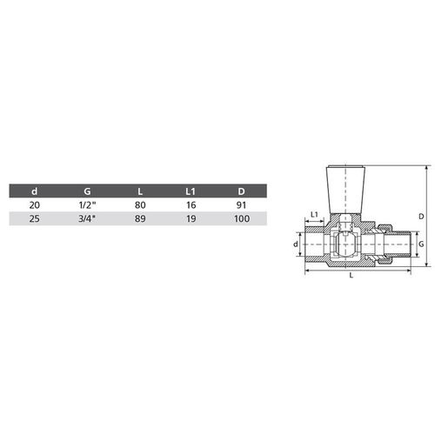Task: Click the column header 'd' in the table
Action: click(34, 191)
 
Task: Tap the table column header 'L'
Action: click(140, 191)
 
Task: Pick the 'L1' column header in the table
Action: click(192, 191)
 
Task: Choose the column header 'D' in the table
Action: click(243, 191)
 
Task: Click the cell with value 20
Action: click(34, 205)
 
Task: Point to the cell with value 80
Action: click(140, 205)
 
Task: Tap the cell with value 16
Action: click(192, 205)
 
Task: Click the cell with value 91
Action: click(243, 205)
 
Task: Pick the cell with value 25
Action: click(34, 219)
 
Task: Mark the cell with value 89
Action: click(140, 219)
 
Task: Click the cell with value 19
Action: click(192, 219)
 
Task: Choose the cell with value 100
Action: click(243, 219)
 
